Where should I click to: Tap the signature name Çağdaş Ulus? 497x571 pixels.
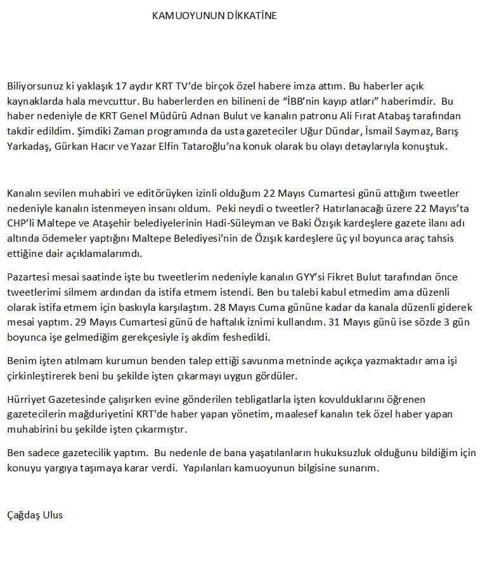[x=35, y=515]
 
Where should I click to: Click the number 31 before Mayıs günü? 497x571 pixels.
[x=332, y=323]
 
